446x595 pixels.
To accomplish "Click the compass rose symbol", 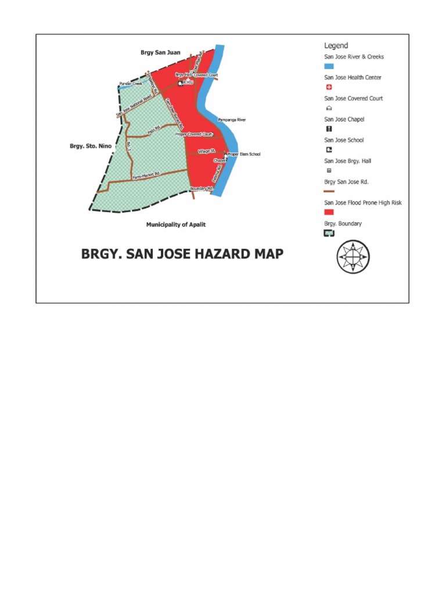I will coord(353,256).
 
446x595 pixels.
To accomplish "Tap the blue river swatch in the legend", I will coord(329,67).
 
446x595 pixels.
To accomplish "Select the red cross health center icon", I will coord(329,87).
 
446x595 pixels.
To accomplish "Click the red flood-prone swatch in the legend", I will coord(329,213).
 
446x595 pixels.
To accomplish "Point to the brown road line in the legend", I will coord(329,191).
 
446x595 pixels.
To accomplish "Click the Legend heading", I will coord(336,45).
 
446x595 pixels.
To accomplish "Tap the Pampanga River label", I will coord(232,120).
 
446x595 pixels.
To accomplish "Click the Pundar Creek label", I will coord(131,84).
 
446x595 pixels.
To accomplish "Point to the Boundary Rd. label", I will coord(202,188).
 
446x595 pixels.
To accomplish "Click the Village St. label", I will coord(206,150).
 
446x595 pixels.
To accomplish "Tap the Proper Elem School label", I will coord(244,155).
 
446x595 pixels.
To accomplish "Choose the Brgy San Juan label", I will coord(160,52).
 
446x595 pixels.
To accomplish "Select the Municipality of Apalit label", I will coord(176,224).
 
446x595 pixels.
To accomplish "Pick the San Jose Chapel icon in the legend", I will coord(329,129).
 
